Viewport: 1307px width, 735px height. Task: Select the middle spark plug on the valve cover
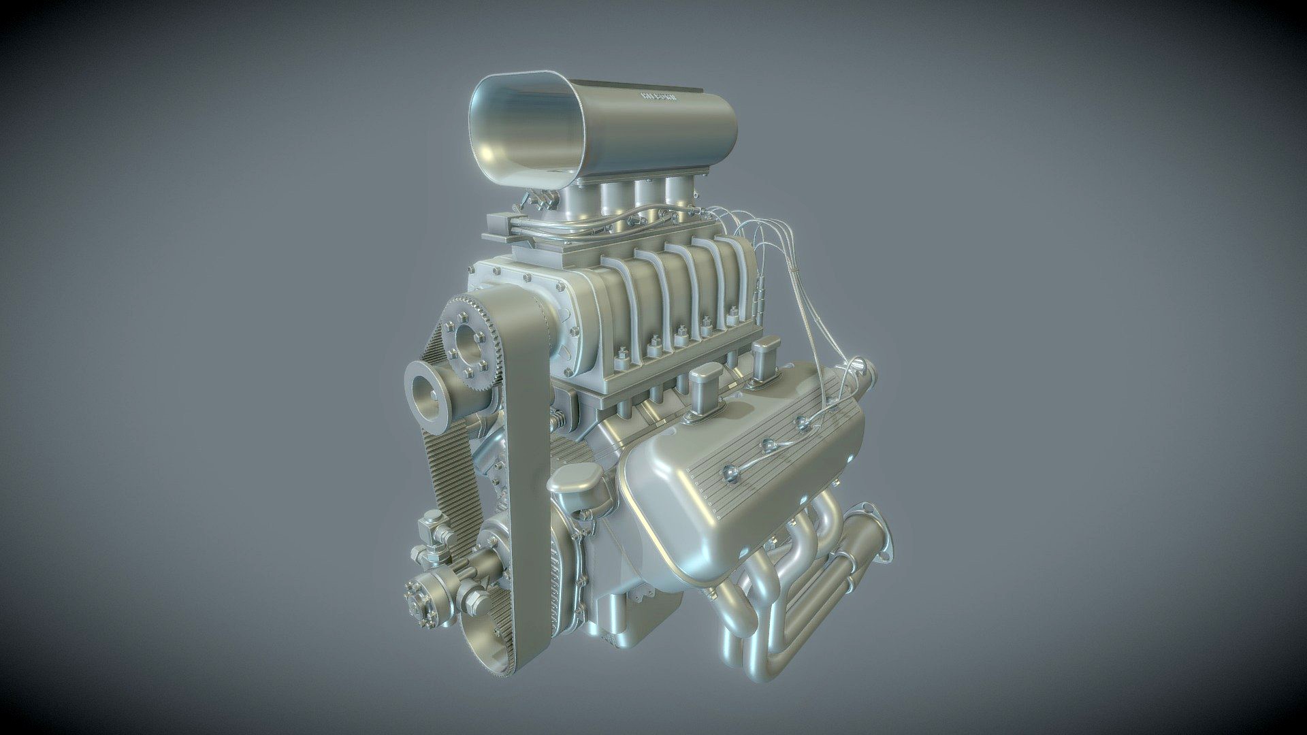pos(769,446)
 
